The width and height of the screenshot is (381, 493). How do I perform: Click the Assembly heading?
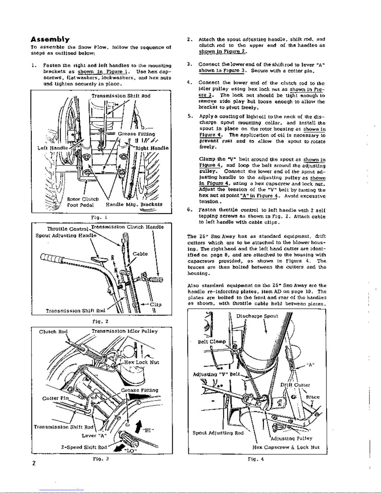pos(50,40)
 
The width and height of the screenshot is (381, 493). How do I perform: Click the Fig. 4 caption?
pos(256,458)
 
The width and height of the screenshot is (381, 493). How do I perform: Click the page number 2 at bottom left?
pos(34,463)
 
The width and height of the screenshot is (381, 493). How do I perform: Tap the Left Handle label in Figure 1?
pos(53,148)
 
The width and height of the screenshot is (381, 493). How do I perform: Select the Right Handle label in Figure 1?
pos(152,148)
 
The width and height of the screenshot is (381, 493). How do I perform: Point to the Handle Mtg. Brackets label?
pos(134,205)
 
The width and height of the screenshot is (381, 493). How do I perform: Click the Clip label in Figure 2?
pos(156,305)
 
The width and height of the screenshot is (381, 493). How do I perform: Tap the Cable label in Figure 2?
pos(140,254)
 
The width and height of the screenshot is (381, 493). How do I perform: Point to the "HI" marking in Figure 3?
pos(148,430)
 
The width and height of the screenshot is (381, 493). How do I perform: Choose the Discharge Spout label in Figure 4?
pos(257,316)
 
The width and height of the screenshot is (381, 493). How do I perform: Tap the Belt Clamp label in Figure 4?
pos(212,342)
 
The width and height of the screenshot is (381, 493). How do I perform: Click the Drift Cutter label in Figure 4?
pos(295,385)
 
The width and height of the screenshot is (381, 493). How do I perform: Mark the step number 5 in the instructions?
pos(189,116)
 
